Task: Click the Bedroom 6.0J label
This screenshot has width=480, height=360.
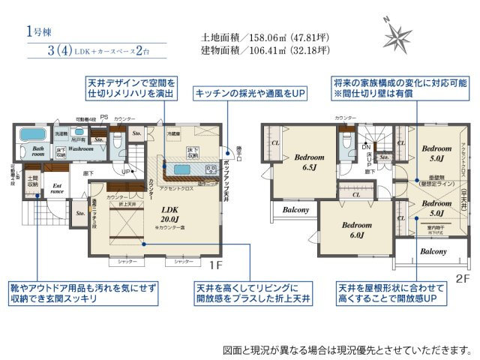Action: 353,229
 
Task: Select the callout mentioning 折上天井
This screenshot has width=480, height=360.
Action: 253,292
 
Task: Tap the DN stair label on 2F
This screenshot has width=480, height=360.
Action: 365,148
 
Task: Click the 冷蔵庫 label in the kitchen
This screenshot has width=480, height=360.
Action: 174,133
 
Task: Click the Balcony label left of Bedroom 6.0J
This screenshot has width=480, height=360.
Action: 295,210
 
